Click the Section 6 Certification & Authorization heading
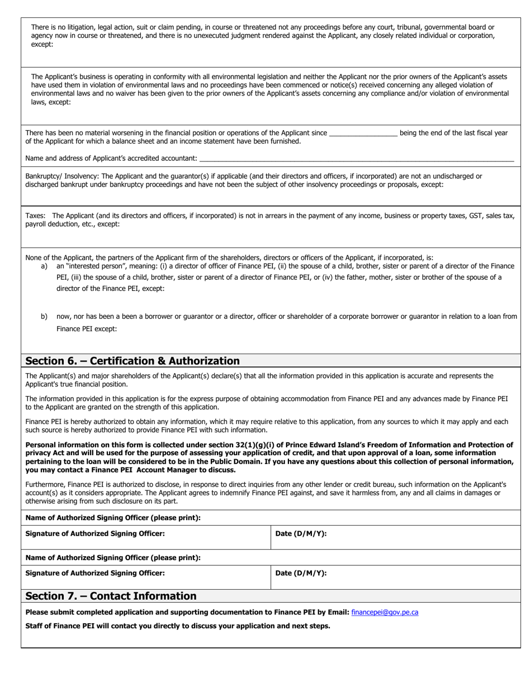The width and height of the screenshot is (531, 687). coord(132,361)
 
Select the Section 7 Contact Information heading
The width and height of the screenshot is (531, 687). coord(111,596)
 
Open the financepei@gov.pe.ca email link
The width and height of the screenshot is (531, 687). coord(385,612)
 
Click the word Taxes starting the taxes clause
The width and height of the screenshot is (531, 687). coord(36,216)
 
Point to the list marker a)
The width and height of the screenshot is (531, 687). coord(44,266)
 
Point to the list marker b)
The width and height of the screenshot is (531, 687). coord(44,317)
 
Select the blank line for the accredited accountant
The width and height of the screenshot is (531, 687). coord(356,159)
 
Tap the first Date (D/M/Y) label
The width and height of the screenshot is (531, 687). coord(301,533)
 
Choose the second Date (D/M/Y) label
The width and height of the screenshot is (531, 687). coord(301,572)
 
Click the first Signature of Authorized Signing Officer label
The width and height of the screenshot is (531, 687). coord(95,533)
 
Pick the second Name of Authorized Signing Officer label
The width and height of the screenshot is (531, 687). coord(113,557)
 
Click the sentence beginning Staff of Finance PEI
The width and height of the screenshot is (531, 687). coord(178,626)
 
